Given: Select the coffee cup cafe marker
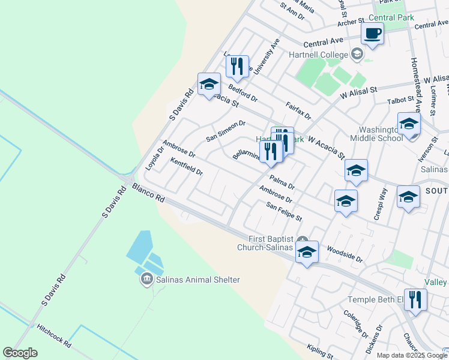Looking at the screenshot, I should tap(372, 34).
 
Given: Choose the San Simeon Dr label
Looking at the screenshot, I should tap(226, 131).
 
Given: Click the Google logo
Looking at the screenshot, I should tap(20, 353).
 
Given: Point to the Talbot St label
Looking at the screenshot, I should tap(400, 100).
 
